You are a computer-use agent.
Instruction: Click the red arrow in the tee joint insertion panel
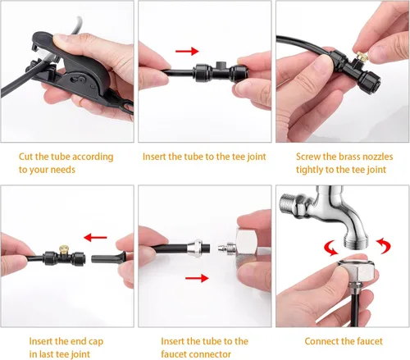(187, 51)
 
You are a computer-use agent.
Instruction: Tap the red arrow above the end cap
(95, 237)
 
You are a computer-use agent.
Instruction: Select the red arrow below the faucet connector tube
(197, 278)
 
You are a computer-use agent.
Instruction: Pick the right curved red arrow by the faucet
(384, 245)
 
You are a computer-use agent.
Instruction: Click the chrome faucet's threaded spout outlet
(356, 241)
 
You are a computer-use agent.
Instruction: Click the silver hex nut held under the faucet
(355, 269)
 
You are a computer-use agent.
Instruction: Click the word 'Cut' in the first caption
(26, 157)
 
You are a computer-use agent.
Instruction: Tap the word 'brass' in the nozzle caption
(348, 157)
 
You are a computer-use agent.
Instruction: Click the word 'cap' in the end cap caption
(96, 342)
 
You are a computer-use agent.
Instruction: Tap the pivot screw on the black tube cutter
(81, 80)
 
